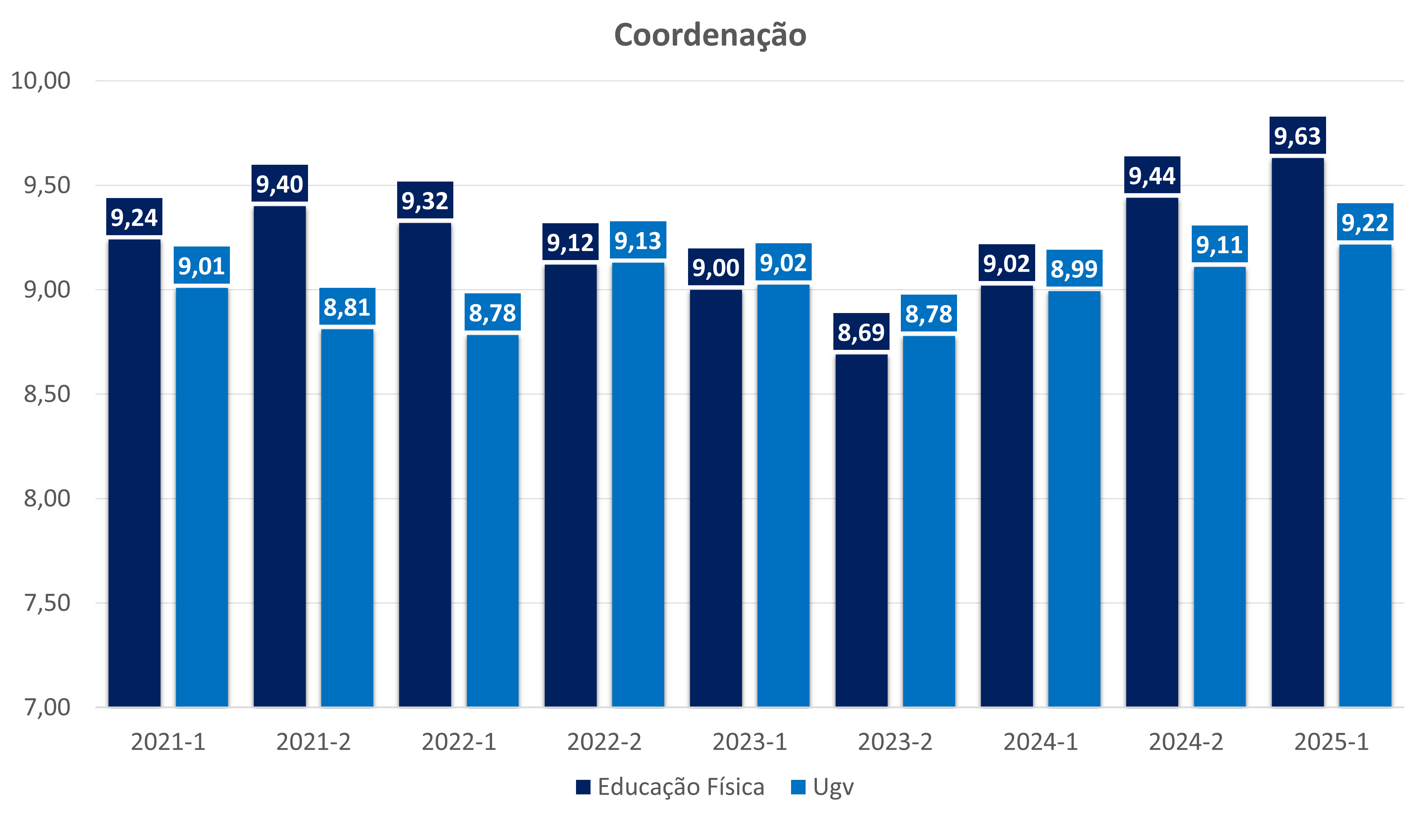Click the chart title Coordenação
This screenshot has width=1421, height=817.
710,35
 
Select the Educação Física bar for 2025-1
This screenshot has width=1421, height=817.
1298,432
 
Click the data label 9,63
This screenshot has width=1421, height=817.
1298,136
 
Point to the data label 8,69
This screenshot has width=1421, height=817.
861,332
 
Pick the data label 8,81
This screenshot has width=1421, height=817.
347,307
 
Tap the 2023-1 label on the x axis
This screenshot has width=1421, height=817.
750,742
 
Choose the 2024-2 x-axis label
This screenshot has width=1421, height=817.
1186,742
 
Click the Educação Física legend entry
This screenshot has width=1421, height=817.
670,787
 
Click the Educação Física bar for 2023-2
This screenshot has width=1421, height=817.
861,530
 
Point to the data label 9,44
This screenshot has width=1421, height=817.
1152,176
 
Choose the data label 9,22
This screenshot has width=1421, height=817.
1365,223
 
